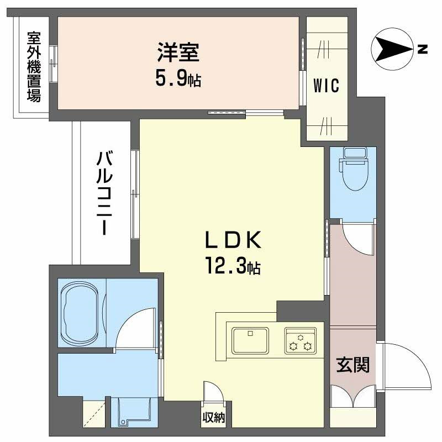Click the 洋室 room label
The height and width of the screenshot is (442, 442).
[x=177, y=54]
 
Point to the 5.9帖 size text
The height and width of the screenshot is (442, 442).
[x=177, y=80]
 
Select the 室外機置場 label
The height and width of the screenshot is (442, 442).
[x=34, y=67]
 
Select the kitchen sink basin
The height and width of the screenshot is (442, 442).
[x=250, y=339]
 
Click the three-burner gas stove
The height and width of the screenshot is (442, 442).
[x=300, y=340]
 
